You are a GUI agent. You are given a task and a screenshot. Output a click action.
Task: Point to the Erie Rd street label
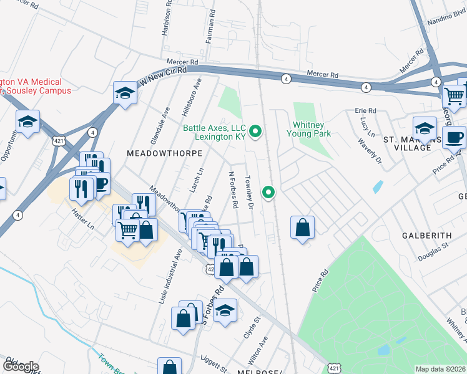click(x=366, y=111)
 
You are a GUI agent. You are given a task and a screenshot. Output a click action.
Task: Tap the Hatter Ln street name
click(x=82, y=219)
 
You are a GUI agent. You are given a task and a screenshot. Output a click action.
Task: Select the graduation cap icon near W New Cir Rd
click(x=125, y=94)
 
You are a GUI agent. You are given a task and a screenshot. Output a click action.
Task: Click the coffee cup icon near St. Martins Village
click(x=454, y=137)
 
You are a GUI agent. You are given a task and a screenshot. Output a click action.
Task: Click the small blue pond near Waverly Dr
click(x=376, y=186)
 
